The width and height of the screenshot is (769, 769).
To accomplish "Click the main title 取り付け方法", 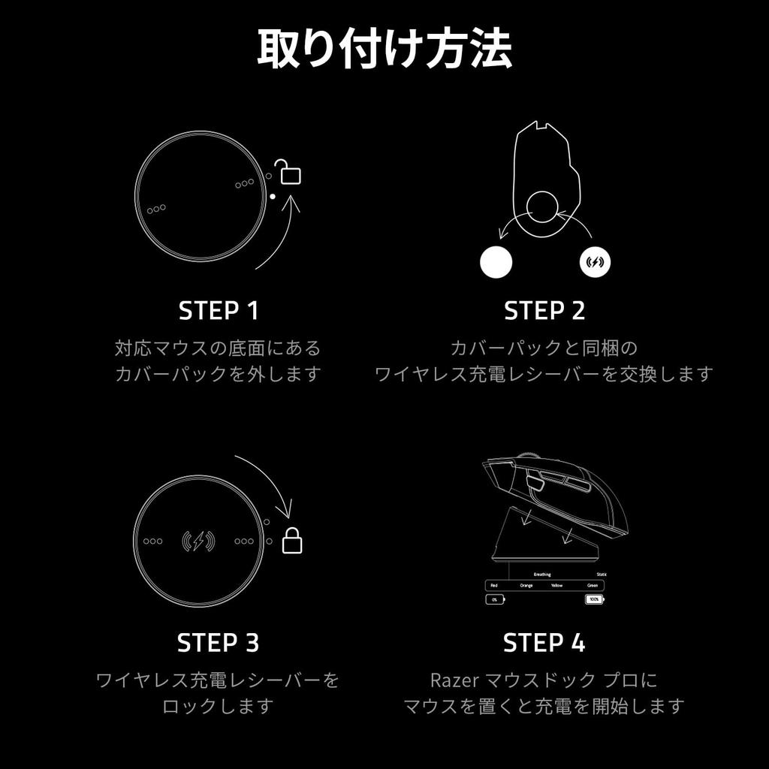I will click(384, 50).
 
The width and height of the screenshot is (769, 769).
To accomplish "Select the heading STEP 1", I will click(218, 310).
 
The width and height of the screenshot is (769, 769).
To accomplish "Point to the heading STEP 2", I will click(544, 310).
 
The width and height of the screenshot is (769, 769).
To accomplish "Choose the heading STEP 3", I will click(218, 643).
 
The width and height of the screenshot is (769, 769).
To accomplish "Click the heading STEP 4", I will click(544, 643).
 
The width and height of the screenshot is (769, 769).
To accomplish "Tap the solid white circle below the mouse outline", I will click(496, 262).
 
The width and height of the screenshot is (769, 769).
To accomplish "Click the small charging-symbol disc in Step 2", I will click(596, 262).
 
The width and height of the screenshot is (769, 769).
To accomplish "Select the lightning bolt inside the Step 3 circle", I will click(198, 541).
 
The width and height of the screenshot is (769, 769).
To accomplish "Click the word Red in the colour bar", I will click(493, 585).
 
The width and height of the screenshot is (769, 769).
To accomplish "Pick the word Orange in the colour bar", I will click(526, 585).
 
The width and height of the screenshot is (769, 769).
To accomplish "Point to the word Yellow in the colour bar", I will click(556, 585).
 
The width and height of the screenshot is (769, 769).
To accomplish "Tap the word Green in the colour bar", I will click(593, 585).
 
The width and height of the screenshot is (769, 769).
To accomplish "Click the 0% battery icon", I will click(495, 600).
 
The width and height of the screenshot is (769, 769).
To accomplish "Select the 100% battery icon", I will click(594, 600).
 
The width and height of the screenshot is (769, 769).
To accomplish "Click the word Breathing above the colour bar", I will click(541, 574).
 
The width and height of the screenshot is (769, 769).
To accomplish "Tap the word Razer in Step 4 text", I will click(449, 680).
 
